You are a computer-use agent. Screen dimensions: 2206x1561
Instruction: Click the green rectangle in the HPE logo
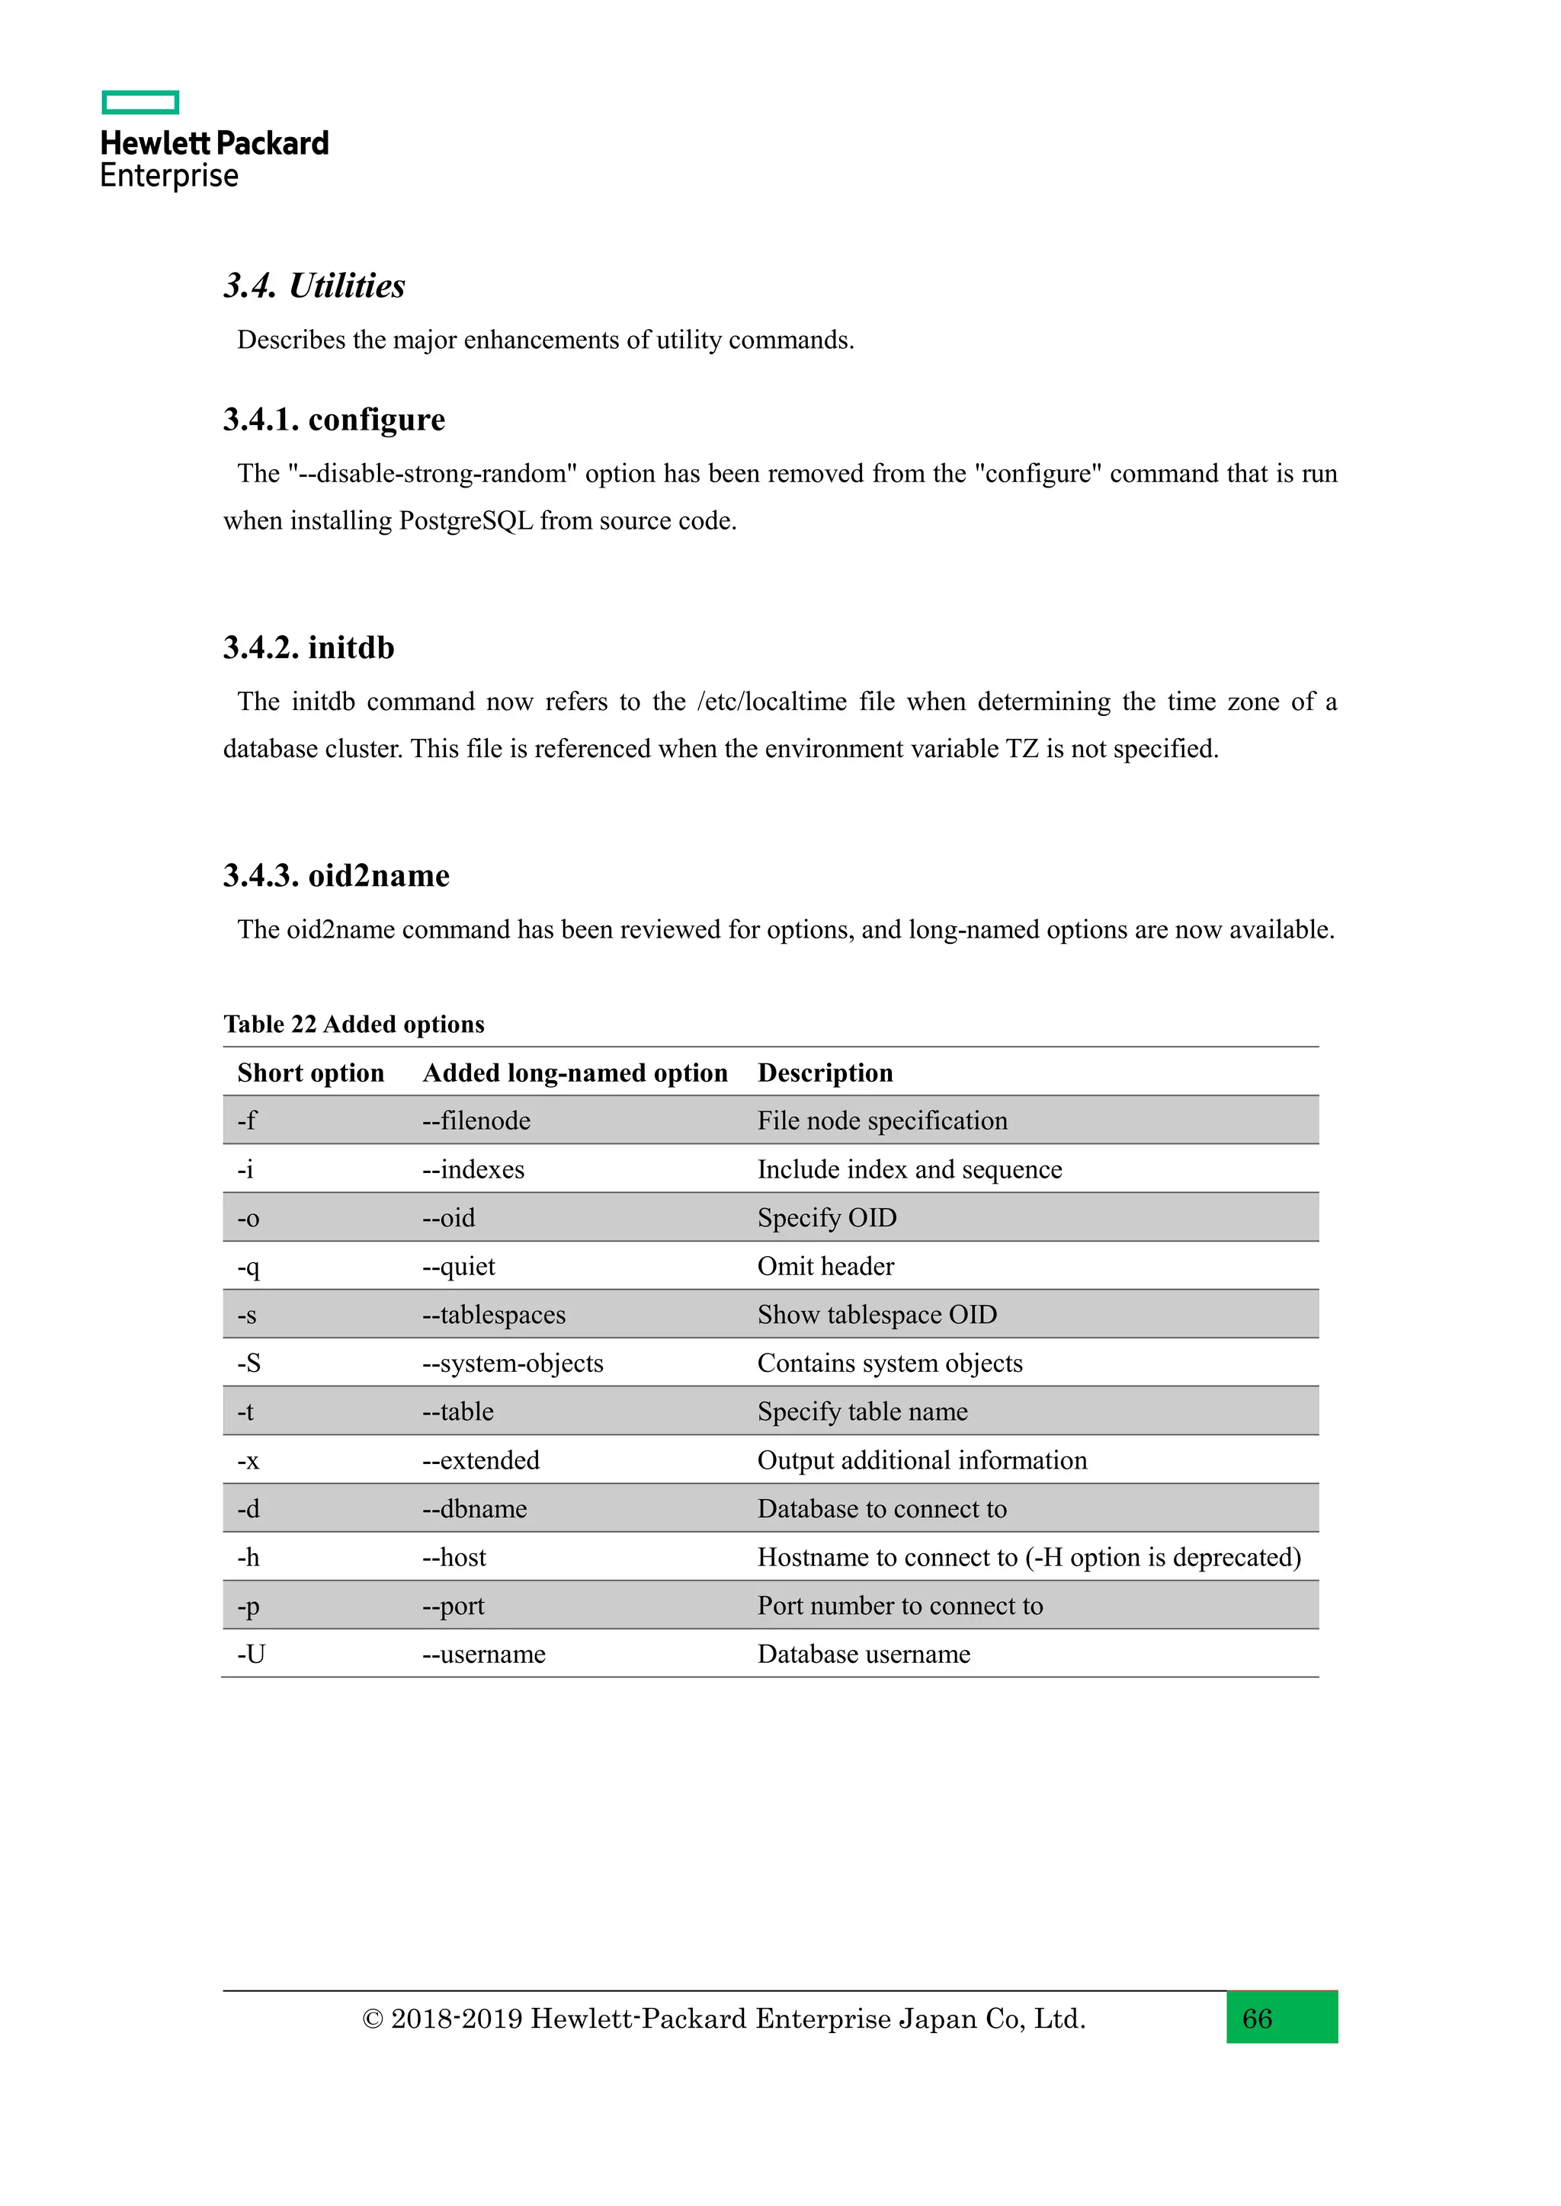pos(140,103)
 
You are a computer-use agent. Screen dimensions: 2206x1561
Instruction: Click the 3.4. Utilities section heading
pos(314,286)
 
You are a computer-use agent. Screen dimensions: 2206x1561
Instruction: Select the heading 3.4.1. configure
pos(334,420)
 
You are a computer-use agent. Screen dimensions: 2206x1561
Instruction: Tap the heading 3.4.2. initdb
pos(309,647)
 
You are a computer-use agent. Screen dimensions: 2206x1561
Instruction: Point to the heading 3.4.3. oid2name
pos(335,875)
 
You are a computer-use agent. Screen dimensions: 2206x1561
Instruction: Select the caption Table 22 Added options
pos(354,1025)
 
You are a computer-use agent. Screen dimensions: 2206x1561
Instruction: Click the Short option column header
pos(310,1073)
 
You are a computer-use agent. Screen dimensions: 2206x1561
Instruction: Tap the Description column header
pos(825,1073)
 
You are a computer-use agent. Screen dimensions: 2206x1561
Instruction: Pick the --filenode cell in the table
pos(476,1121)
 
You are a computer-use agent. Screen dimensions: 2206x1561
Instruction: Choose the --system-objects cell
pos(512,1364)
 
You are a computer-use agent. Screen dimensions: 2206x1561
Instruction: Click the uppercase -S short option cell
pos(249,1364)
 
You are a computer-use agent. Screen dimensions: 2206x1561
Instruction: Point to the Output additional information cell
pos(922,1460)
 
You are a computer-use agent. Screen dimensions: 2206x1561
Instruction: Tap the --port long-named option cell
pos(453,1607)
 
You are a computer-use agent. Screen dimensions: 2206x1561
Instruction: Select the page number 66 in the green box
pos(1256,2018)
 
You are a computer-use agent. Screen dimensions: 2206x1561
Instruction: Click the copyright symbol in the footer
pos(372,2019)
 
